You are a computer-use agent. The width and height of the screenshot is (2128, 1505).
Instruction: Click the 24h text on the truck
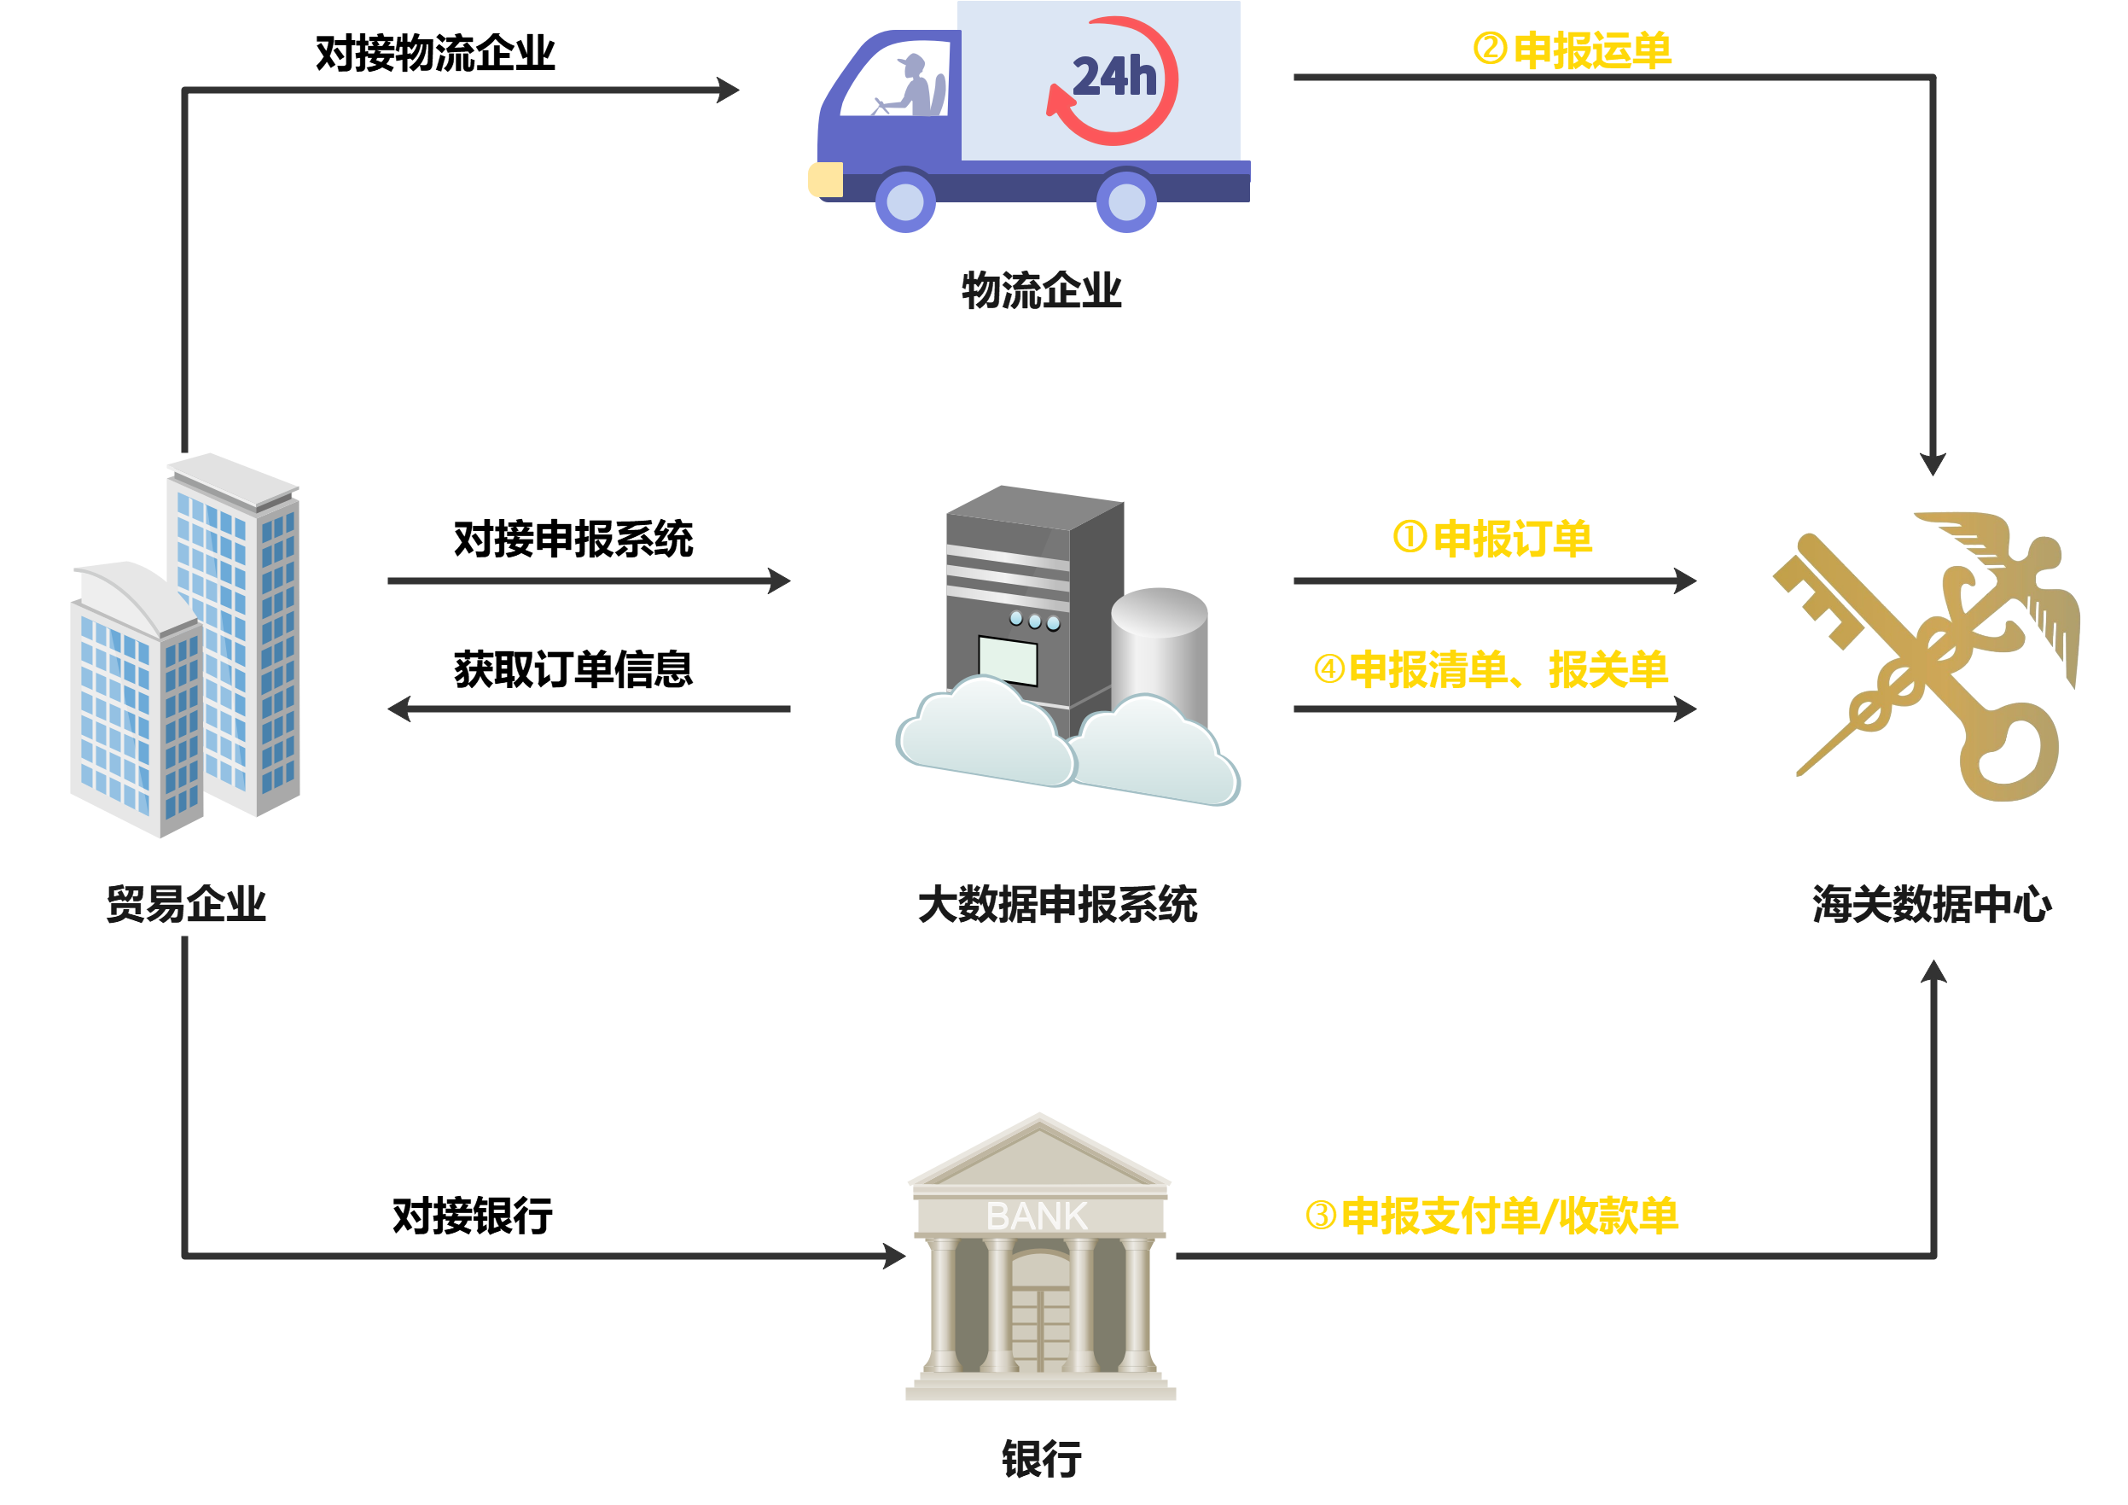1114,77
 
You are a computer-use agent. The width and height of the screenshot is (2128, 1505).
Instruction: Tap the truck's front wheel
905,201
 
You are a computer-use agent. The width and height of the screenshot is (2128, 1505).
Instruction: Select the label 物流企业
1041,290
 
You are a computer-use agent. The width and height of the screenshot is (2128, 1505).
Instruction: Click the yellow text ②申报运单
1573,50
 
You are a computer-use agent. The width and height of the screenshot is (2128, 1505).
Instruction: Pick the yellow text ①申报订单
1492,539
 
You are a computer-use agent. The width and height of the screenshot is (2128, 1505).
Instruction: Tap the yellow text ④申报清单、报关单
1491,669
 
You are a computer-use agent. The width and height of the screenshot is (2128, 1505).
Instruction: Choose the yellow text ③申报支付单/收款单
1491,1216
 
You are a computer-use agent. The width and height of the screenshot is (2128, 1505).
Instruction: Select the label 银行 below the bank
1041,1459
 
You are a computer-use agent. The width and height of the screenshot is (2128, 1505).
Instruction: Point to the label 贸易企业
186,904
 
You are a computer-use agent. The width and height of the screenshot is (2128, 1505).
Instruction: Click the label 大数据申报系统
1057,905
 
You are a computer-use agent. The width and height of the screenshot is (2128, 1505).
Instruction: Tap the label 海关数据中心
1932,905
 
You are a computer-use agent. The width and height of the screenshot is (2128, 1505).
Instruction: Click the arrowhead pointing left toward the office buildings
399,709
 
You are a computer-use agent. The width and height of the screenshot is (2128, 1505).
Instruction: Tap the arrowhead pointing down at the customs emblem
1933,464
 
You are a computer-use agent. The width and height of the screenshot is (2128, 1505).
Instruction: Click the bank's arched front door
1041,1312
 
